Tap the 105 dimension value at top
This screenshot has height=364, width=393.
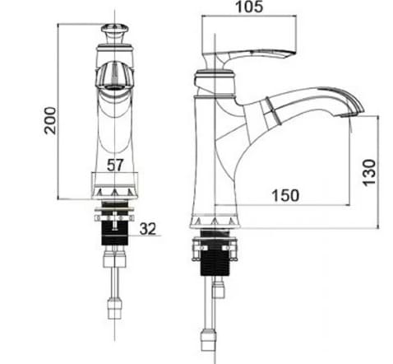click(x=250, y=9)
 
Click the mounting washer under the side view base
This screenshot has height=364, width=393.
click(x=215, y=244)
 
